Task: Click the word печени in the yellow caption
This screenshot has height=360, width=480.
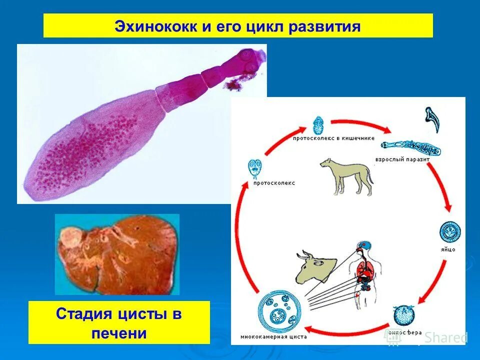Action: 119,333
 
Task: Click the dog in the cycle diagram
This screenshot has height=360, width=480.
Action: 347,175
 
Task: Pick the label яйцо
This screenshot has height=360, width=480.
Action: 448,249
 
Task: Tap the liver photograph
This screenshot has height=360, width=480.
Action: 117,254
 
